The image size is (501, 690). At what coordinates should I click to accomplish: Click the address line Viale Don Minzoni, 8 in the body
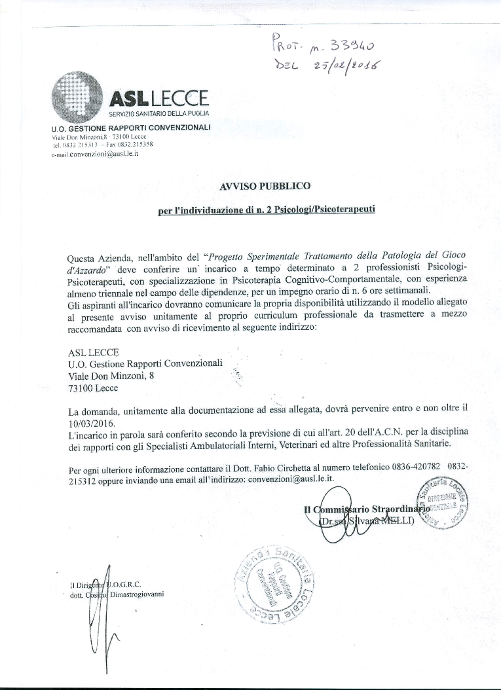tap(111, 375)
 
